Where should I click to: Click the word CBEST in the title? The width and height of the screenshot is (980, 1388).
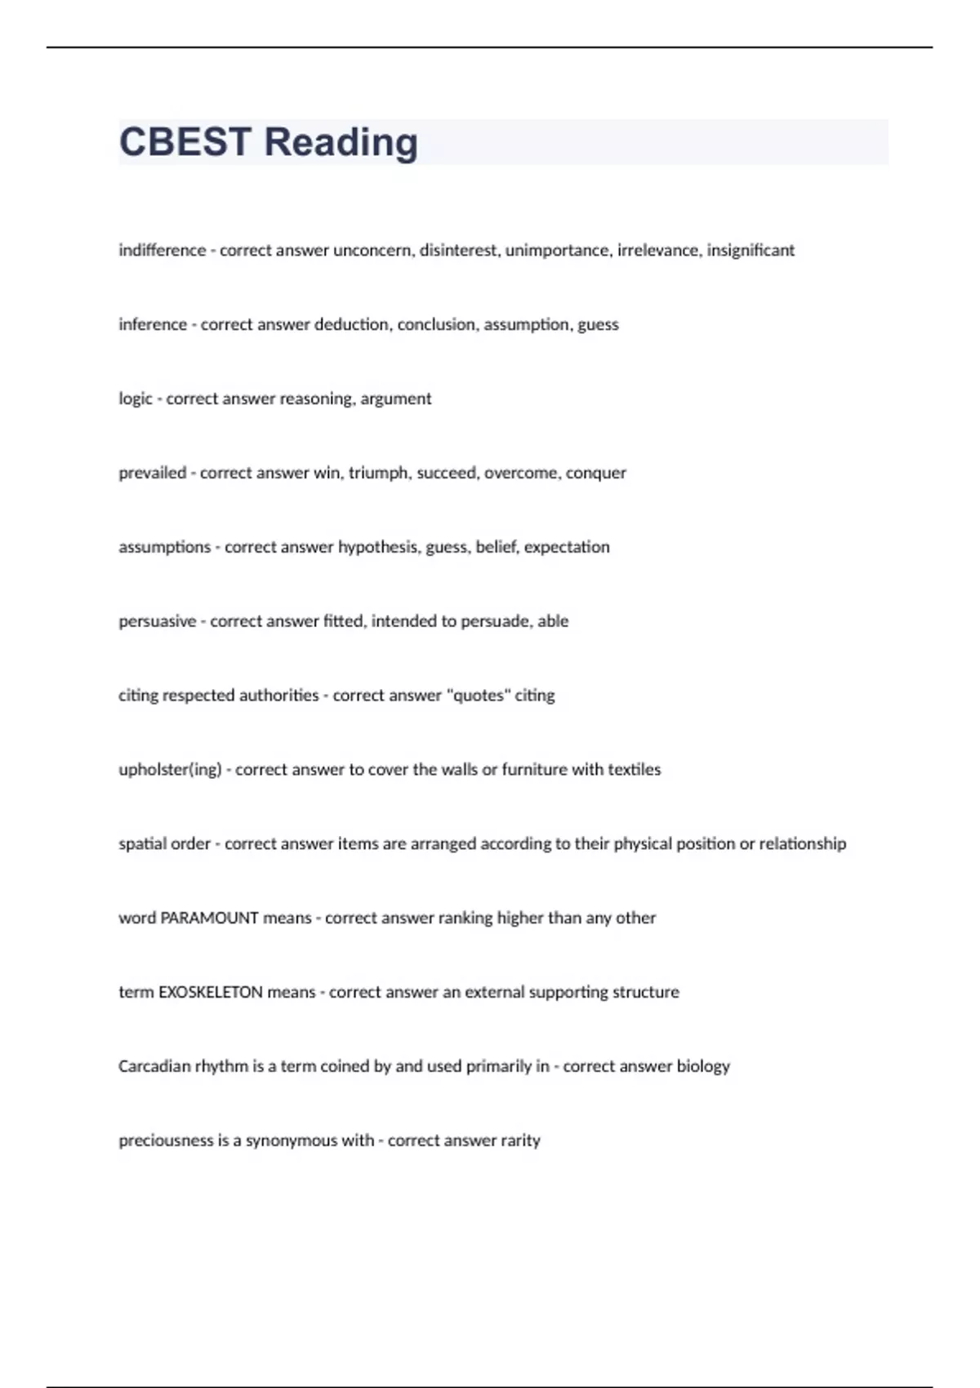pyautogui.click(x=185, y=142)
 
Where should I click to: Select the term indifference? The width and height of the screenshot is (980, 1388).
pyautogui.click(x=162, y=250)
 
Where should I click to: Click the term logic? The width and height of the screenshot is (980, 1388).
pyautogui.click(x=135, y=399)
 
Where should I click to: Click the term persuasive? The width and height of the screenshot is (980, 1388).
pyautogui.click(x=157, y=621)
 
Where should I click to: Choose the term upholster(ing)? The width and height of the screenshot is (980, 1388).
pyautogui.click(x=170, y=770)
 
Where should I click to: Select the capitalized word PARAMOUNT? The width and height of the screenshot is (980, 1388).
pyautogui.click(x=209, y=918)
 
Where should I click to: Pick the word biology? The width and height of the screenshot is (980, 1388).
pyautogui.click(x=703, y=1067)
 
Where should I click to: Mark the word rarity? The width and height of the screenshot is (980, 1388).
pyautogui.click(x=520, y=1141)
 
